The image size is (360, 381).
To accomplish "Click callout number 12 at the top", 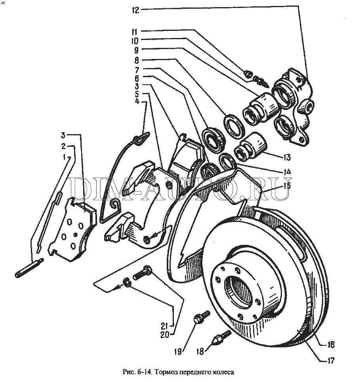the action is pyautogui.click(x=135, y=10).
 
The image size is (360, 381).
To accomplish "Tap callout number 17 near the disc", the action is pyautogui.click(x=331, y=360).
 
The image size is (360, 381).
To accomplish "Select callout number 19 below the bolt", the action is pyautogui.click(x=178, y=351).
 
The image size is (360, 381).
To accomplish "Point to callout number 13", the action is pyautogui.click(x=287, y=157).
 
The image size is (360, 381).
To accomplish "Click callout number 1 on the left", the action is pyautogui.click(x=64, y=158).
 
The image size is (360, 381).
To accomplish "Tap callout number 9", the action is pyautogui.click(x=137, y=50).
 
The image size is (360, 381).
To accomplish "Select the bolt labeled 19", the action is pyautogui.click(x=202, y=317).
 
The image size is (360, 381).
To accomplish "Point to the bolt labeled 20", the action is pyautogui.click(x=143, y=273).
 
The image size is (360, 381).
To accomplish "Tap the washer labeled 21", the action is pyautogui.click(x=126, y=282).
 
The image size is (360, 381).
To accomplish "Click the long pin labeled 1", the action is pyautogui.click(x=29, y=268).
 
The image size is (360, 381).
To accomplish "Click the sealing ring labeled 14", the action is pyautogui.click(x=227, y=161).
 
